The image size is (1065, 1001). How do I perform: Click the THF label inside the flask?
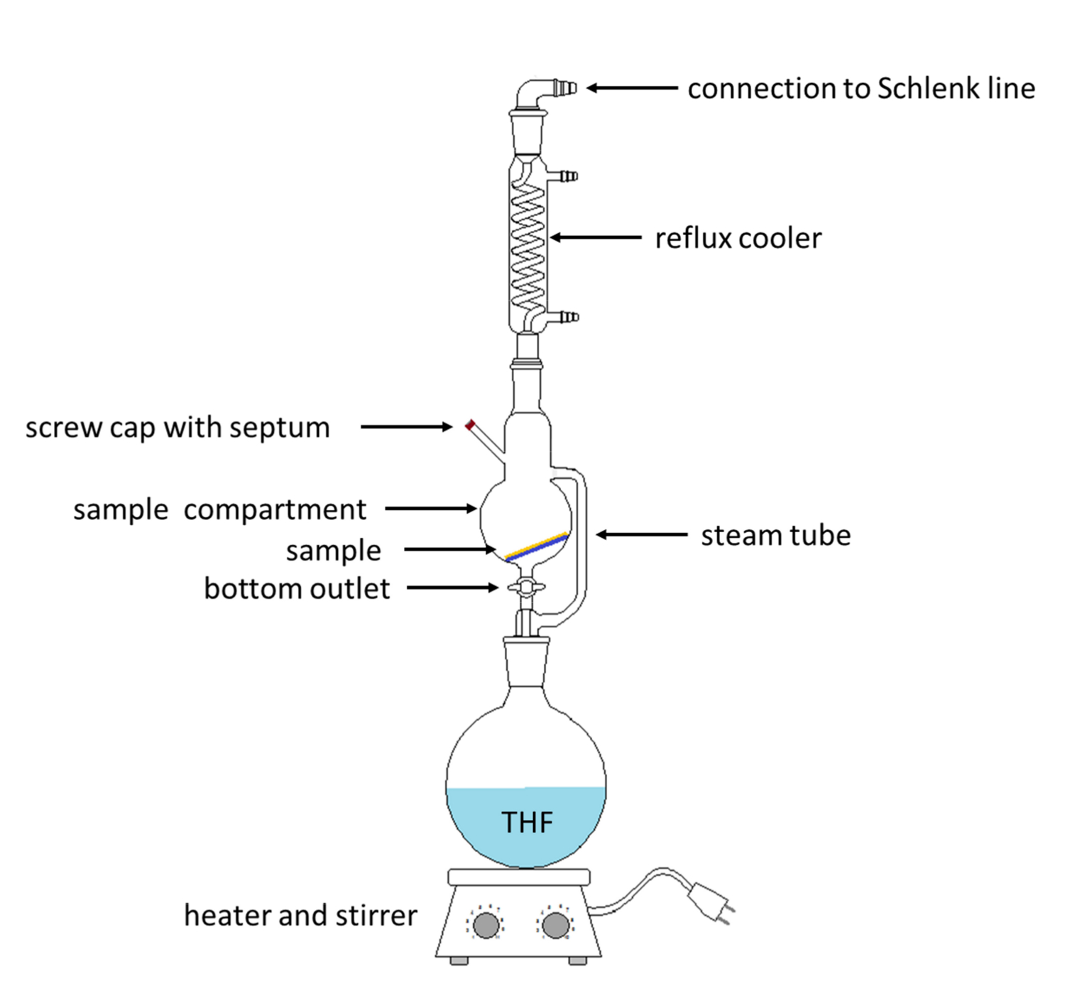[527, 822]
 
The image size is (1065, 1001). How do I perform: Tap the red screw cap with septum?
[470, 425]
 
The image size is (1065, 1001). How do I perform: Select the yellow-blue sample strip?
[536, 547]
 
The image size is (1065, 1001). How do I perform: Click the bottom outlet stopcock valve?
[526, 588]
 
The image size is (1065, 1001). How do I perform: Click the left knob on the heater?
[486, 925]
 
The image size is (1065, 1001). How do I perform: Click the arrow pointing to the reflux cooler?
[596, 237]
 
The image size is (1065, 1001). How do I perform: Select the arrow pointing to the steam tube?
[641, 534]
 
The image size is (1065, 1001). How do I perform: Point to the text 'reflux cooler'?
[738, 238]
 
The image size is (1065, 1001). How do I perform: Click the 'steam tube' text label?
[776, 536]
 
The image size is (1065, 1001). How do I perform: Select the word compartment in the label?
[275, 510]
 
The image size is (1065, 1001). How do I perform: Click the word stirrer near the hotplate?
[376, 915]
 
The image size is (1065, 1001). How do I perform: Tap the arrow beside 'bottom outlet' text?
[452, 588]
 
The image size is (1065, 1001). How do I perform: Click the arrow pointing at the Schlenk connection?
[632, 87]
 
